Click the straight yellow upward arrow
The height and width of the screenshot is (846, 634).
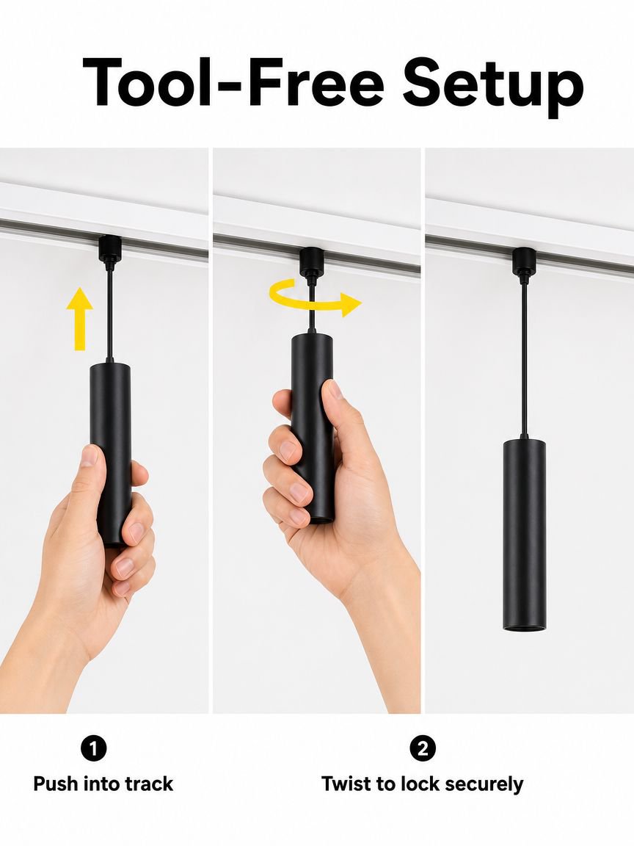tap(80, 319)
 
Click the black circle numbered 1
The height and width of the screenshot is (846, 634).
tap(94, 748)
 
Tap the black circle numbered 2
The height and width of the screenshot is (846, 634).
tap(422, 748)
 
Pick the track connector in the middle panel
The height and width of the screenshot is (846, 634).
tap(312, 262)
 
